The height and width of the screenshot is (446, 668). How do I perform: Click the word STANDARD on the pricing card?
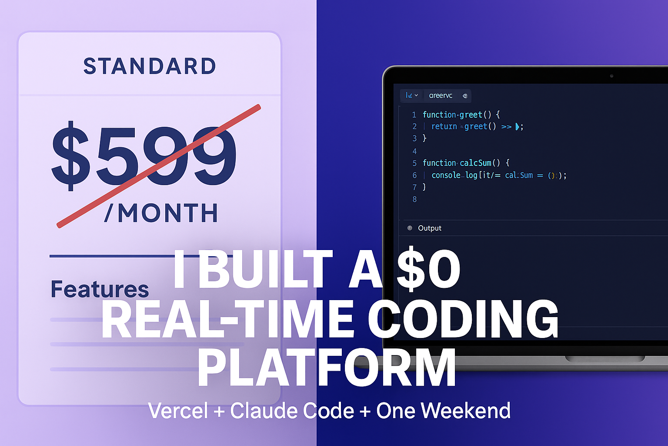tap(150, 66)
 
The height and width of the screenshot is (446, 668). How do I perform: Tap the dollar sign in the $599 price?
tap(71, 155)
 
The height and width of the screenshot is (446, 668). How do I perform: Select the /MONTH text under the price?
tap(161, 213)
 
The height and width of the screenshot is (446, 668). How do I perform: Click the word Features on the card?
tap(100, 289)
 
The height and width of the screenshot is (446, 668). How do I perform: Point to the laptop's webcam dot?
tap(611, 76)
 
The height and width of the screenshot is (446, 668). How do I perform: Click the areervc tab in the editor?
tap(441, 95)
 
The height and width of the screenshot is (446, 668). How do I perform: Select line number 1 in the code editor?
tap(414, 115)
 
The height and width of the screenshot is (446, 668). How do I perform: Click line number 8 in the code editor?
tap(414, 199)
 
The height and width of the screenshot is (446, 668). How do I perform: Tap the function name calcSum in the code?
tap(475, 163)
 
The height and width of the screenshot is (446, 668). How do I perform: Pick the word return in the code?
tap(444, 126)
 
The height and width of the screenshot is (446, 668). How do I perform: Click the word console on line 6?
tap(446, 175)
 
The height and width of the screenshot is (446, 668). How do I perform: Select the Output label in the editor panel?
tap(429, 228)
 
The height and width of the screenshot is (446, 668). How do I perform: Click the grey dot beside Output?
tap(410, 228)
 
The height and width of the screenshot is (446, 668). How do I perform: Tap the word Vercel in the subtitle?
tap(178, 411)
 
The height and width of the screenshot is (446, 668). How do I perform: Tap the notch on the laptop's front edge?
tap(605, 359)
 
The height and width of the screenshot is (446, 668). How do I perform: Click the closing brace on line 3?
tap(425, 139)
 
